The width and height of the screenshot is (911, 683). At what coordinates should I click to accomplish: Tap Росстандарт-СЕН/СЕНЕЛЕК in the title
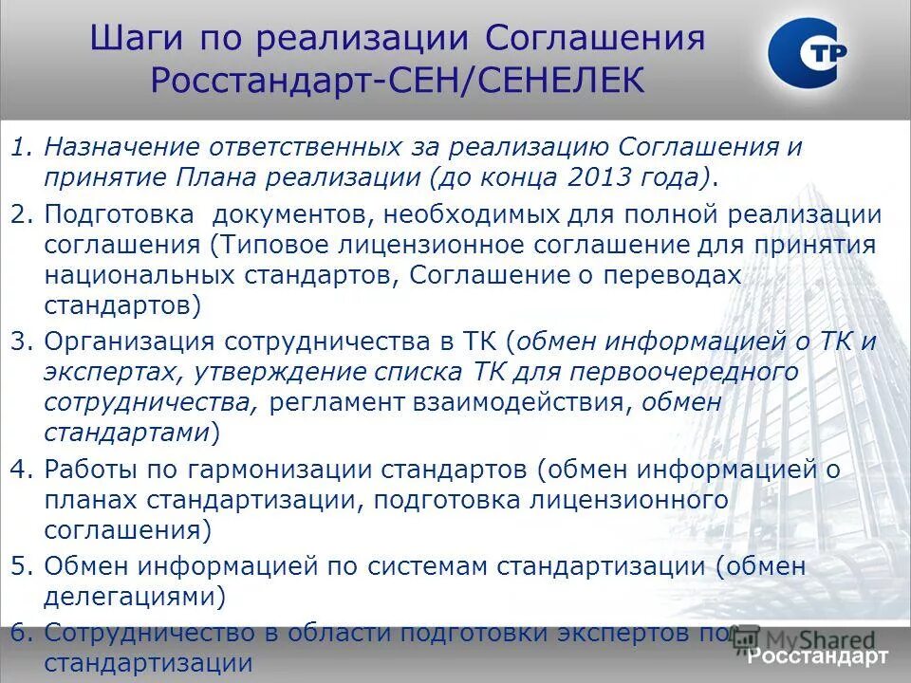398,81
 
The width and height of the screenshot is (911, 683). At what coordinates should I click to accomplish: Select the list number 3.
21,341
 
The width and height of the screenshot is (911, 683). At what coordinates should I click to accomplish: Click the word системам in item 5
437,567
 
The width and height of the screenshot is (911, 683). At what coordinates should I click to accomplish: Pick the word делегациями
135,598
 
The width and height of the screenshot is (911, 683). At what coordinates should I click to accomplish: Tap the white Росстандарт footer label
817,656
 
